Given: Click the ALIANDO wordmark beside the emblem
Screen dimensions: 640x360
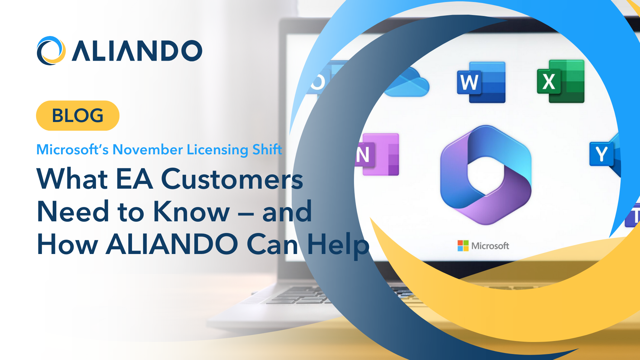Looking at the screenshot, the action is point(137,51).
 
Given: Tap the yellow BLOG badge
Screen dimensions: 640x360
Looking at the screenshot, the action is point(78,115).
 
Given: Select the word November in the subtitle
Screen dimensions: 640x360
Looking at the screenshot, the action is point(148,150).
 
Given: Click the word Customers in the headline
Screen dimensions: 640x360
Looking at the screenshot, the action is point(232,179).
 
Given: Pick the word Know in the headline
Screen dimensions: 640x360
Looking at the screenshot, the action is point(192,211).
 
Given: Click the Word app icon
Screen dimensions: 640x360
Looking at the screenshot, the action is point(481,82).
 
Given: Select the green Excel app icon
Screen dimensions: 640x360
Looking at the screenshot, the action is point(561,81).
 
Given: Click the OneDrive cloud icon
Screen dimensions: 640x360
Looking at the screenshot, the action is point(407,83).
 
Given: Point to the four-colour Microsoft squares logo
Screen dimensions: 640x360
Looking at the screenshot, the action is point(463,246).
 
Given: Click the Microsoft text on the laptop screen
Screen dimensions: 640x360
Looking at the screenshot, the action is point(490,246).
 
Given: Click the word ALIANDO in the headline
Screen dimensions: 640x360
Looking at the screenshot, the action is point(172,244).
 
